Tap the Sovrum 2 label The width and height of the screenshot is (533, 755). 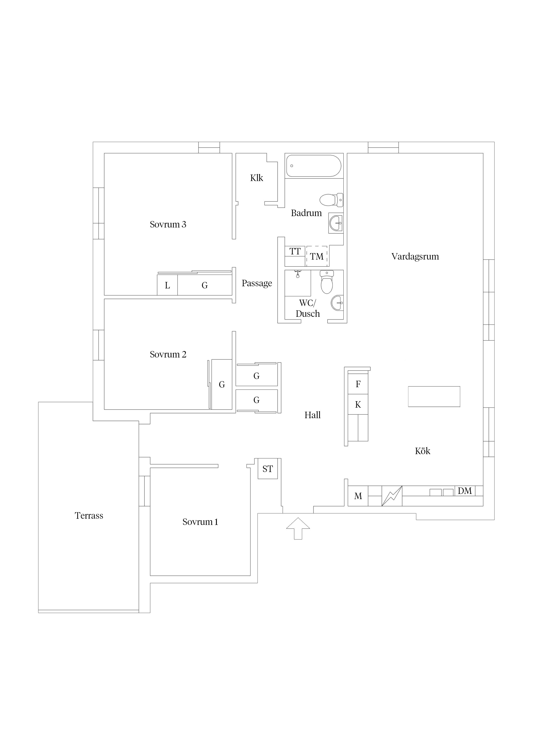tap(168, 354)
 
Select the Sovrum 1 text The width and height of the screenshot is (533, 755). tap(200, 522)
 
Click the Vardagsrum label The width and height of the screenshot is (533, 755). tap(415, 257)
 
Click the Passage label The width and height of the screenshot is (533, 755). tap(257, 283)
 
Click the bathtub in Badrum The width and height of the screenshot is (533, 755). tap(314, 166)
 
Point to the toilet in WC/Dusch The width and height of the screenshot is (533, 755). tap(327, 282)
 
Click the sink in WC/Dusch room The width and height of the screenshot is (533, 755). tap(337, 303)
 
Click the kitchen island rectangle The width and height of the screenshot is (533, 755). tap(434, 397)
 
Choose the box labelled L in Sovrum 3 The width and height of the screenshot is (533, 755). tap(167, 285)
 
